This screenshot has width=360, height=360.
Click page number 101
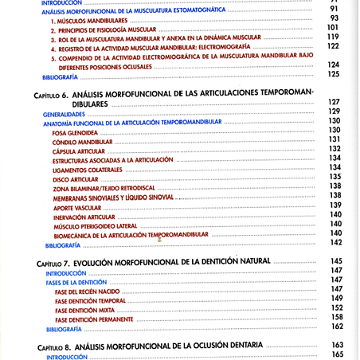tap(333, 28)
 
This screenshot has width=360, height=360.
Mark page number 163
tap(335, 345)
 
